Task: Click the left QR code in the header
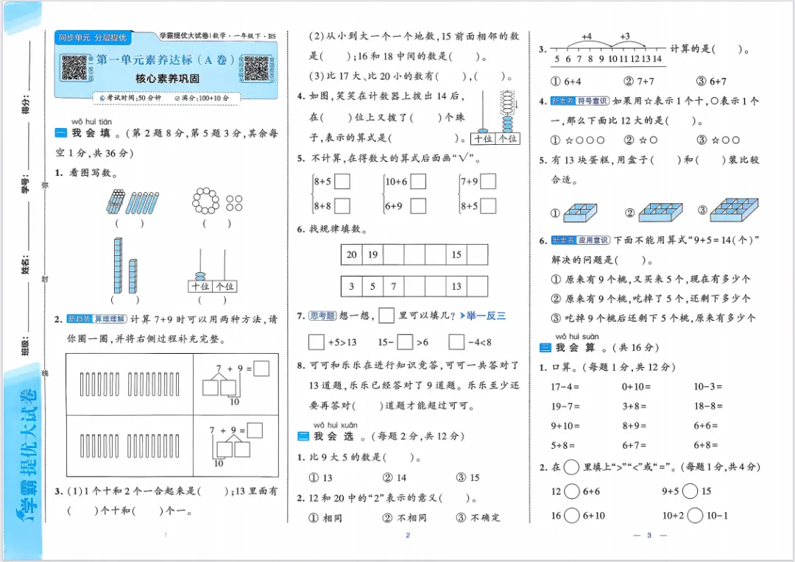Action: click(74, 68)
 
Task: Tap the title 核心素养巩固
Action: click(167, 79)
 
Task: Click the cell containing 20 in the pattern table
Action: click(352, 255)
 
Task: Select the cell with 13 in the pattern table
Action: click(457, 286)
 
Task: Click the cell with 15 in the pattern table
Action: click(457, 255)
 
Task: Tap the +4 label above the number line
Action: click(587, 36)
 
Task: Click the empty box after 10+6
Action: click(418, 182)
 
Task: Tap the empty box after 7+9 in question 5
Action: click(488, 182)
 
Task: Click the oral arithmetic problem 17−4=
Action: click(565, 386)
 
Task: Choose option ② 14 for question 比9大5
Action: click(395, 477)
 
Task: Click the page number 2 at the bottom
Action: click(407, 536)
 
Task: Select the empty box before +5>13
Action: click(317, 342)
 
